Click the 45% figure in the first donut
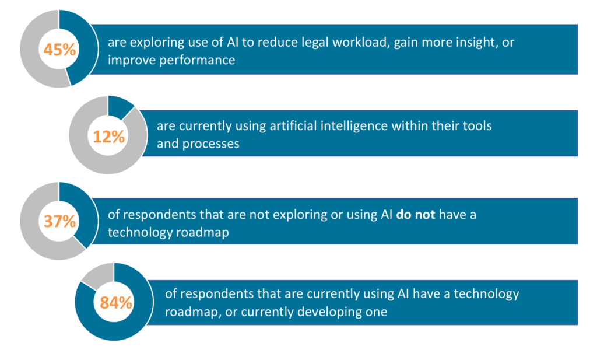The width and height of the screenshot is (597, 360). point(59,50)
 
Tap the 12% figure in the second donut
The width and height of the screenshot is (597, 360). point(109,137)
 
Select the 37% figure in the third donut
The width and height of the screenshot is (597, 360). point(60,221)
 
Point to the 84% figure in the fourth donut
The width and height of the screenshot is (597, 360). point(116,303)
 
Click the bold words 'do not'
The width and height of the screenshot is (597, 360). point(415,215)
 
